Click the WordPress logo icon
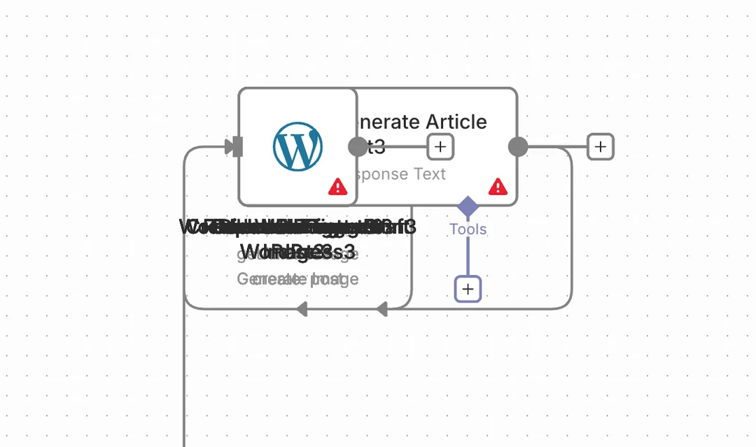pyautogui.click(x=297, y=147)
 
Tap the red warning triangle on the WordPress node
pyautogui.click(x=338, y=186)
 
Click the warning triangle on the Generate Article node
pyautogui.click(x=498, y=186)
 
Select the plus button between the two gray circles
pyautogui.click(x=440, y=147)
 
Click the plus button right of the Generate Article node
pyautogui.click(x=600, y=147)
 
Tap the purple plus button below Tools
pyautogui.click(x=468, y=289)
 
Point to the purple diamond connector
pyautogui.click(x=468, y=206)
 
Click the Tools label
pyautogui.click(x=468, y=229)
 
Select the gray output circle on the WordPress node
pyautogui.click(x=358, y=147)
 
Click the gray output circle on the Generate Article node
pyautogui.click(x=517, y=147)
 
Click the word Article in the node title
pyautogui.click(x=456, y=122)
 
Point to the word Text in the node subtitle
pyautogui.click(x=428, y=173)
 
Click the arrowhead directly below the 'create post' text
pyautogui.click(x=302, y=308)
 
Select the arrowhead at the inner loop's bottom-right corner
pyautogui.click(x=381, y=308)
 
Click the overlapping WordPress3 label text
pyautogui.click(x=297, y=251)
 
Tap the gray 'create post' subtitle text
pyautogui.click(x=297, y=279)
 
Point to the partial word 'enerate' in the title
pyautogui.click(x=389, y=122)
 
